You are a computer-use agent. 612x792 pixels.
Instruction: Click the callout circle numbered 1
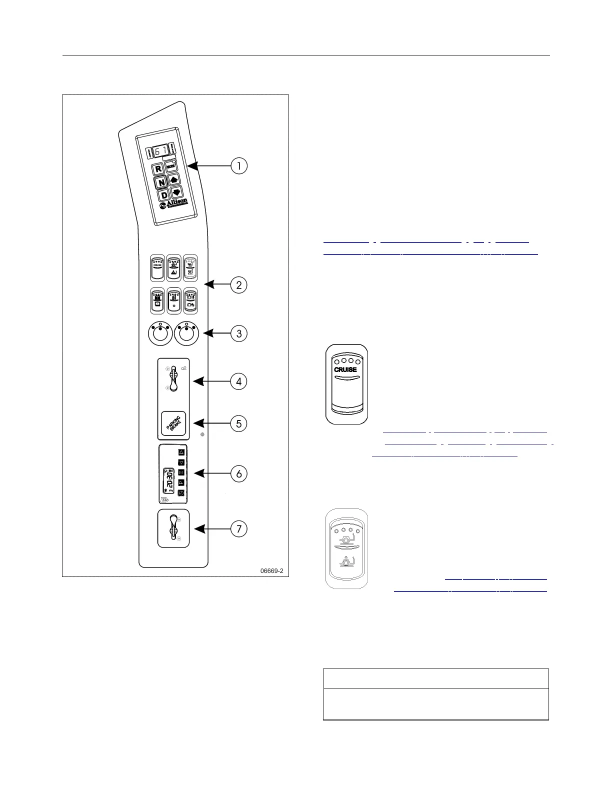pos(239,165)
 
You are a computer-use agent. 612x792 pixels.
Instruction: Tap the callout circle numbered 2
pos(239,285)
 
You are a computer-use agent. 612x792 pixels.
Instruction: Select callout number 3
pos(239,333)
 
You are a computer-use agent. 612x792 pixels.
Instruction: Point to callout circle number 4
pos(239,381)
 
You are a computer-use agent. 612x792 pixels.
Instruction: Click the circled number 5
pos(239,423)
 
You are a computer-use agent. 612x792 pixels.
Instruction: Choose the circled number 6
pos(239,473)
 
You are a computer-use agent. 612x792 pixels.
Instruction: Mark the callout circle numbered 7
pos(239,528)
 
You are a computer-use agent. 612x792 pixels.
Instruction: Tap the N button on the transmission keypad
pos(161,182)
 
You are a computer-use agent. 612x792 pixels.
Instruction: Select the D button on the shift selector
pos(164,195)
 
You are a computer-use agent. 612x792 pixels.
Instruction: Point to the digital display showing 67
pos(159,150)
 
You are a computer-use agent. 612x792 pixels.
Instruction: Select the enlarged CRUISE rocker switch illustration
pos(346,383)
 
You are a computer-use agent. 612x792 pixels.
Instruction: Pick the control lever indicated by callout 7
pos(173,528)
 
